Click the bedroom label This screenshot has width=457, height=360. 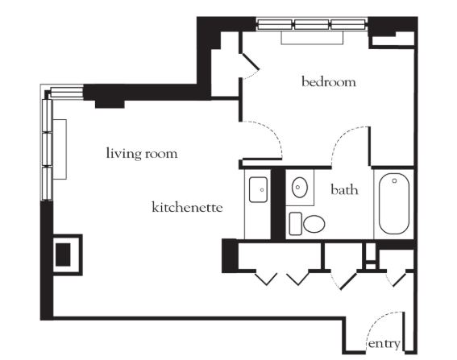pyautogui.click(x=329, y=82)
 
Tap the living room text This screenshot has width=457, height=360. pyautogui.click(x=142, y=153)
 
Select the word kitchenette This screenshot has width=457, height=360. pyautogui.click(x=188, y=207)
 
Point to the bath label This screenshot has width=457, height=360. pyautogui.click(x=344, y=189)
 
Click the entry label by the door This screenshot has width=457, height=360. pyautogui.click(x=384, y=344)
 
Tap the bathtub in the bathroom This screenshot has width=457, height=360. pyautogui.click(x=394, y=204)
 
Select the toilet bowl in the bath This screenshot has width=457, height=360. pyautogui.click(x=314, y=224)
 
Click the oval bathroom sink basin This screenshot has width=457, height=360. pyautogui.click(x=300, y=187)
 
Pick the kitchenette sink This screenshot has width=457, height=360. pyautogui.click(x=258, y=189)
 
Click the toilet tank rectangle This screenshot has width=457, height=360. pyautogui.click(x=296, y=223)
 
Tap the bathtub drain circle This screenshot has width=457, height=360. pyautogui.click(x=394, y=181)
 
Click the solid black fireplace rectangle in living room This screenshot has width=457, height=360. pyautogui.click(x=63, y=254)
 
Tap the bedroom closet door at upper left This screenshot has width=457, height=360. pyautogui.click(x=250, y=62)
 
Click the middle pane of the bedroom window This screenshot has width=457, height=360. pyautogui.click(x=312, y=24)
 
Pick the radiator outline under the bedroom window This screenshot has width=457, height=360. pyautogui.click(x=312, y=37)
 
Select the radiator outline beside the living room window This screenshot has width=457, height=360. pyautogui.click(x=60, y=149)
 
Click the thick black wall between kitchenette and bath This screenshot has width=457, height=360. pyautogui.click(x=278, y=205)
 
